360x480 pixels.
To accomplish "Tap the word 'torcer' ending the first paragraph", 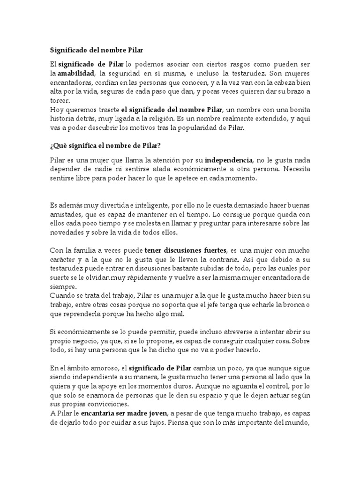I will (60, 100).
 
